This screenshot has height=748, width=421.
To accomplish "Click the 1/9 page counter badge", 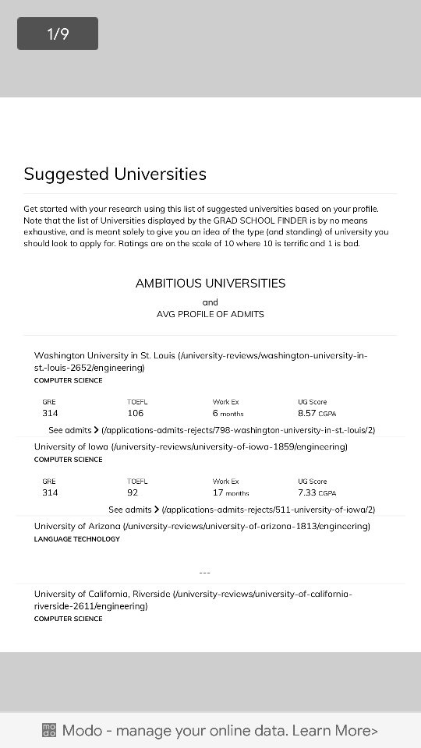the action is [x=58, y=34].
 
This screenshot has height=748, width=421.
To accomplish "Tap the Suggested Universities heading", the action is [x=115, y=174].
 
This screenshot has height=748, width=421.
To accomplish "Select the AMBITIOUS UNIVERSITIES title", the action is [x=210, y=284].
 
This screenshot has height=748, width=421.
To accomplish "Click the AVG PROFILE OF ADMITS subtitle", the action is [x=210, y=314].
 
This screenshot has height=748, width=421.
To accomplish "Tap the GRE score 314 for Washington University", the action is [x=50, y=413].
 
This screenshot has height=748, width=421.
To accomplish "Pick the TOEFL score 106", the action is [x=136, y=413].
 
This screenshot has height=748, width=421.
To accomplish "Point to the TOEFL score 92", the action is [x=133, y=492].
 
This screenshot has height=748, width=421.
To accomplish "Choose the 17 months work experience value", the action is [x=231, y=492].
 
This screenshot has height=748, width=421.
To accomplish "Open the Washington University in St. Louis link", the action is [x=104, y=355].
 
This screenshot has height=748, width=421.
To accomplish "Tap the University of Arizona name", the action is [x=77, y=526].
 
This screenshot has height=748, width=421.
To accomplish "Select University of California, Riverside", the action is [x=91, y=594].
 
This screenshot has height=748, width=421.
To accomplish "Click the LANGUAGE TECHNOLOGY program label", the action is [x=77, y=539].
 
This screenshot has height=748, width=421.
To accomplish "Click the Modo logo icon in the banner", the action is [x=49, y=730].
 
